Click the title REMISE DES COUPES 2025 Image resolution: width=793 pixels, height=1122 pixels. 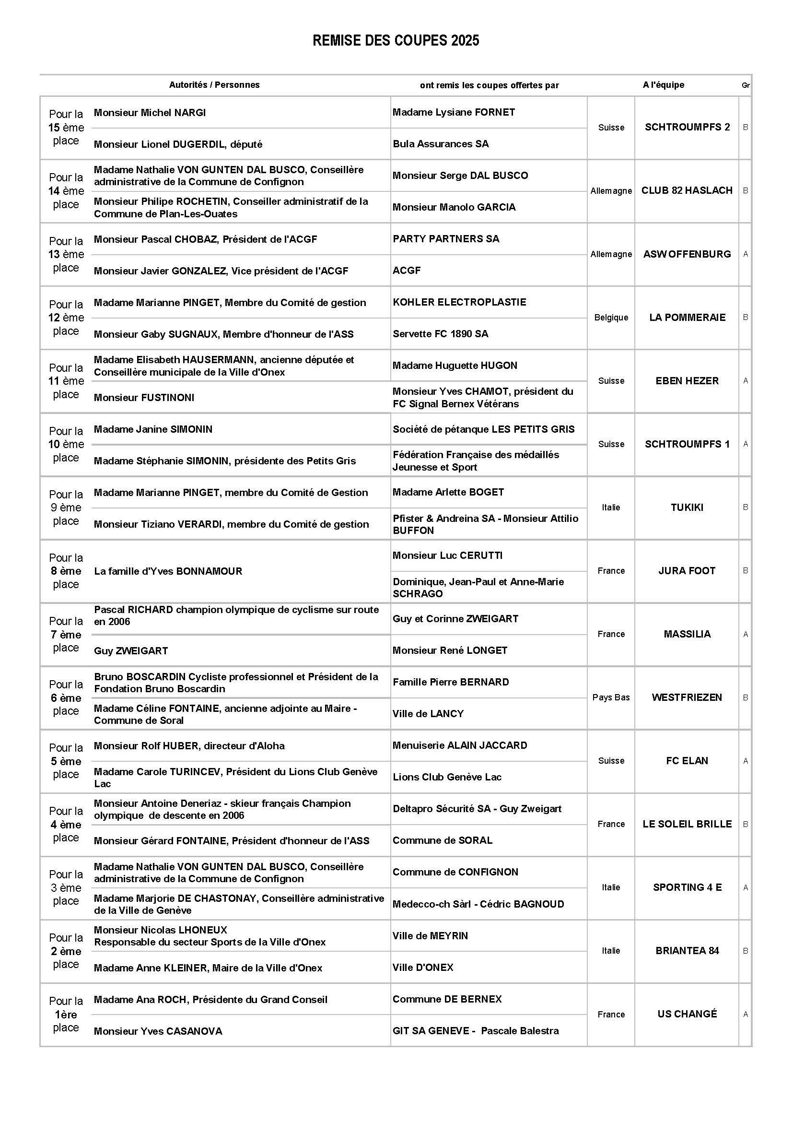[x=396, y=41]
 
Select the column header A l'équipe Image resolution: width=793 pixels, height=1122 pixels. [x=663, y=85]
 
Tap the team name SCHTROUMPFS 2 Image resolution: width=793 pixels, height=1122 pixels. [x=687, y=127]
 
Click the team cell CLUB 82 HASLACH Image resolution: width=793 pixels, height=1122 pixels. [x=687, y=190]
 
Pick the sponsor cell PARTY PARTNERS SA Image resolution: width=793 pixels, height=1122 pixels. [x=446, y=239]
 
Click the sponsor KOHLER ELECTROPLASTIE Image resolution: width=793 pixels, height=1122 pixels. [x=459, y=302]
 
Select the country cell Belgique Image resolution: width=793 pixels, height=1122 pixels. [x=611, y=318]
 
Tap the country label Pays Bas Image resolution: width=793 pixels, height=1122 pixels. [x=611, y=697]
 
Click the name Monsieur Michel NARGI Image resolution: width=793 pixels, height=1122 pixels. [x=150, y=113]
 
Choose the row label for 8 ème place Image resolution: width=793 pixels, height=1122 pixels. [x=66, y=571]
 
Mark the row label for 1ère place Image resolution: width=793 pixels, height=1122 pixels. [x=66, y=1014]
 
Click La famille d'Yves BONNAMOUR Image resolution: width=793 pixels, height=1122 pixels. [x=168, y=571]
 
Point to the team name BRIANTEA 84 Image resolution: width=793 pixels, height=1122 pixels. [x=687, y=950]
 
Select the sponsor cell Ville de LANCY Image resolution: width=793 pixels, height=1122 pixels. [x=428, y=713]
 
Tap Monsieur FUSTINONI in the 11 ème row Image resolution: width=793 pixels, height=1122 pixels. [x=144, y=397]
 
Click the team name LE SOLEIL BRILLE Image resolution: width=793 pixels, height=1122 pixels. [x=687, y=824]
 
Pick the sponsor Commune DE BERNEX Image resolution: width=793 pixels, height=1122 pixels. [x=447, y=999]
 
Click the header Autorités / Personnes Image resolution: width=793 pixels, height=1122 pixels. [x=214, y=85]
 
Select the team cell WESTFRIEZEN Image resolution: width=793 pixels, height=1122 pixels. [x=687, y=697]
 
